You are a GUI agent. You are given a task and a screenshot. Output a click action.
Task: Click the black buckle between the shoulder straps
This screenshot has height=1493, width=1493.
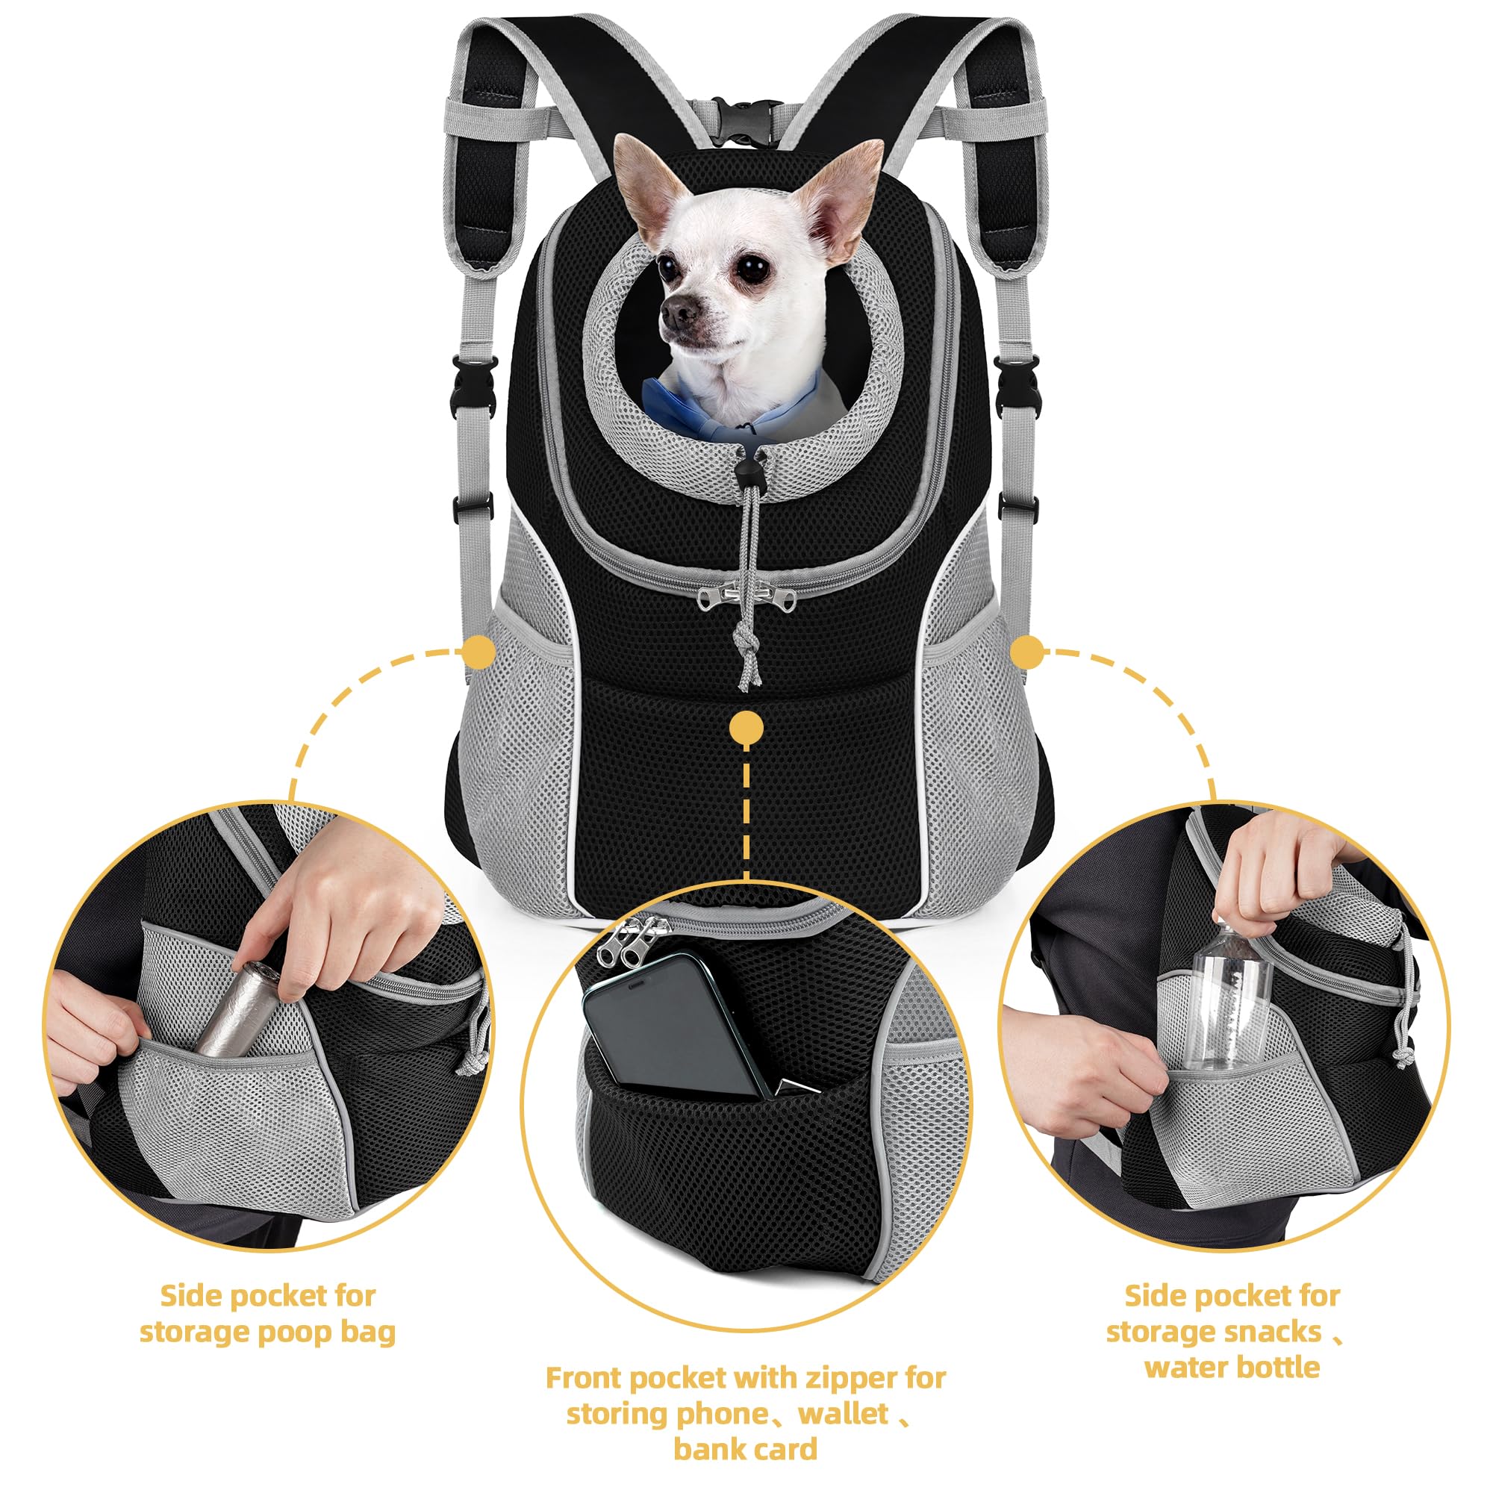click(x=746, y=122)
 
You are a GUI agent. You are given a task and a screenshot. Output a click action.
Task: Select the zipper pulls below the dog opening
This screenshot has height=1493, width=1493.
click(x=746, y=597)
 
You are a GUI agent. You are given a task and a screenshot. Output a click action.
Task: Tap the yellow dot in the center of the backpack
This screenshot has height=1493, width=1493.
click(x=746, y=727)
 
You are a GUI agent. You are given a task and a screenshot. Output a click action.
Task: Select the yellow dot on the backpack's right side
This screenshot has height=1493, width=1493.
click(x=1027, y=653)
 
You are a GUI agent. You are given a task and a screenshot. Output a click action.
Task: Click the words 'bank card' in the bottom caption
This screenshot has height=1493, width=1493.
click(x=745, y=1449)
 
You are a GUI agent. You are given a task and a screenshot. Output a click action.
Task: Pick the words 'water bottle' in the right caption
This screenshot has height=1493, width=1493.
click(x=1232, y=1368)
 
